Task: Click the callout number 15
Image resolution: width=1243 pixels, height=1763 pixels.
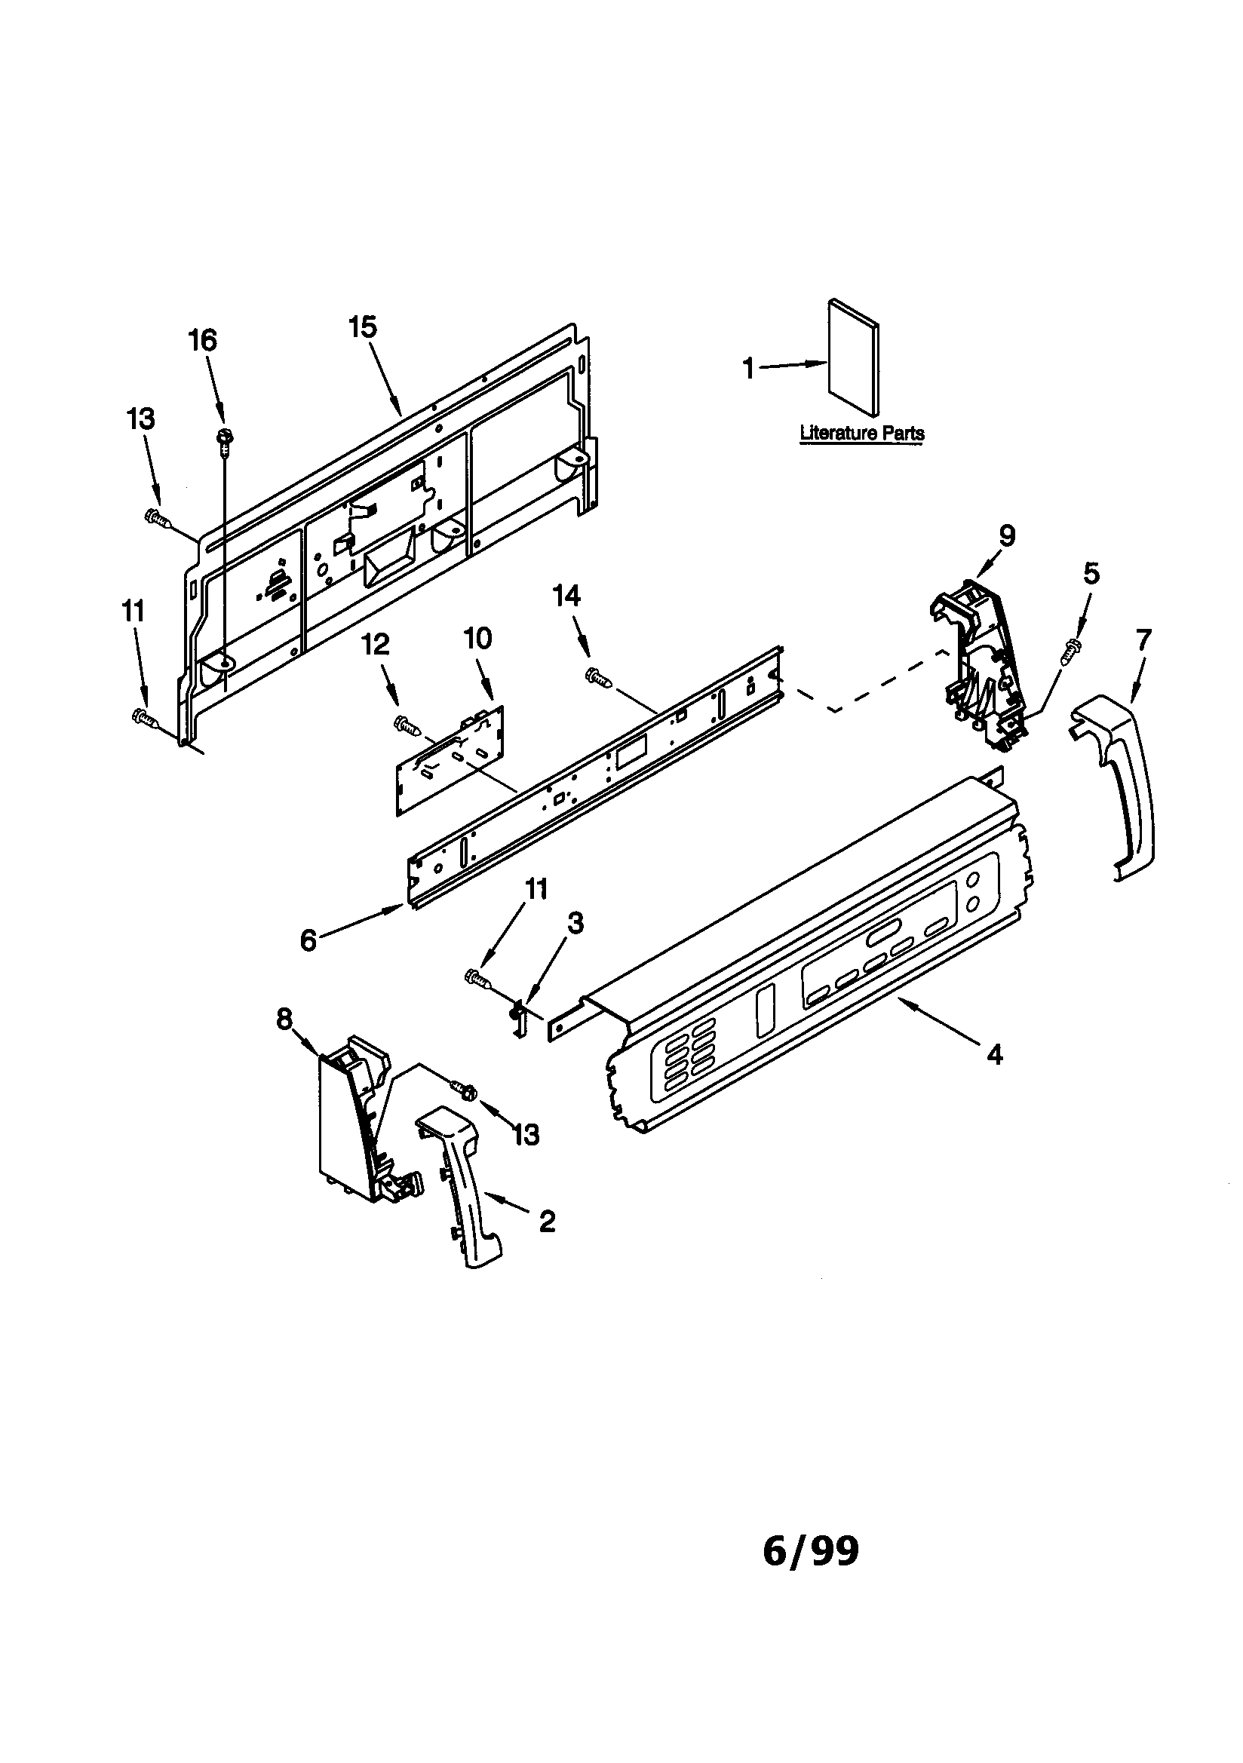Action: pos(363,327)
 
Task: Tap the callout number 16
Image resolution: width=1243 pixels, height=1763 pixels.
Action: pos(203,340)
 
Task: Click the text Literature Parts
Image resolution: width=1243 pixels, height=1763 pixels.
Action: pos(861,433)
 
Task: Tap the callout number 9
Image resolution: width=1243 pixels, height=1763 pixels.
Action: pos(1007,535)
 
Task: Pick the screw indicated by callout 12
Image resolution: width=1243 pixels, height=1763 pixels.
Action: pos(406,722)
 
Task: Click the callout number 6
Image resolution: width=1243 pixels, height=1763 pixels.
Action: pos(308,939)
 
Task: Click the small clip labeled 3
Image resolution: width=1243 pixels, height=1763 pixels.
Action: pos(520,1016)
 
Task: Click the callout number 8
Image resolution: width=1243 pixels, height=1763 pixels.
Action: pos(284,1019)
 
